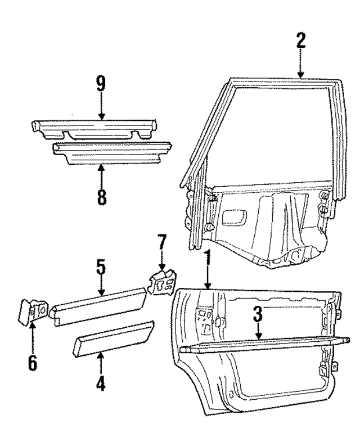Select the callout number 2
[x=301, y=42]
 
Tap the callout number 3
[x=257, y=314]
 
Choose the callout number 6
[x=32, y=363]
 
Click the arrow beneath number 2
[x=301, y=65]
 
